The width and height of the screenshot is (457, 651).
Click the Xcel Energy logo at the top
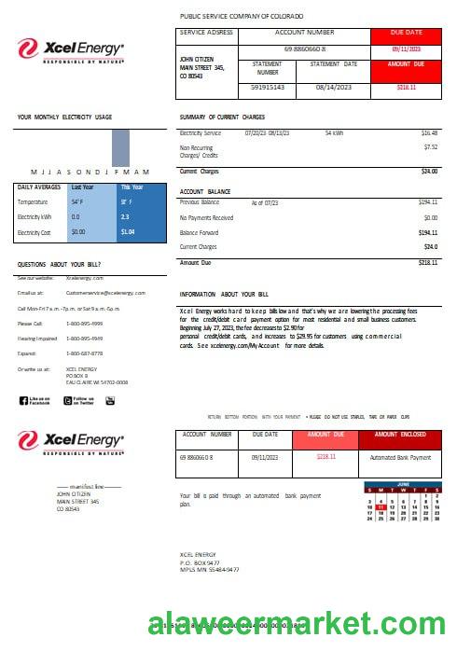(x=71, y=48)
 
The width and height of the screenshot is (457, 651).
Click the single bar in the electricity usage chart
(x=119, y=147)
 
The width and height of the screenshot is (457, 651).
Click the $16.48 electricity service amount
(x=429, y=133)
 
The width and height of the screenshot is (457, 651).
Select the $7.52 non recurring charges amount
(x=430, y=146)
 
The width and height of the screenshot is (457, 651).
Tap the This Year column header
(x=132, y=187)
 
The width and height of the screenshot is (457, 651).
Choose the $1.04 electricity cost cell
(x=128, y=231)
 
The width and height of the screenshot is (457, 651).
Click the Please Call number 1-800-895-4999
(x=85, y=324)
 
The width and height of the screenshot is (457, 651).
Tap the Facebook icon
(x=23, y=400)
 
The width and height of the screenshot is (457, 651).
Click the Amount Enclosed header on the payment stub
(x=400, y=435)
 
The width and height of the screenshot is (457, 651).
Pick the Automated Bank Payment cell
(x=400, y=458)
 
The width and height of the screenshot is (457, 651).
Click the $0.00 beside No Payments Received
(x=430, y=217)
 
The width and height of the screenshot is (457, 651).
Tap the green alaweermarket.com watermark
(x=301, y=626)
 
